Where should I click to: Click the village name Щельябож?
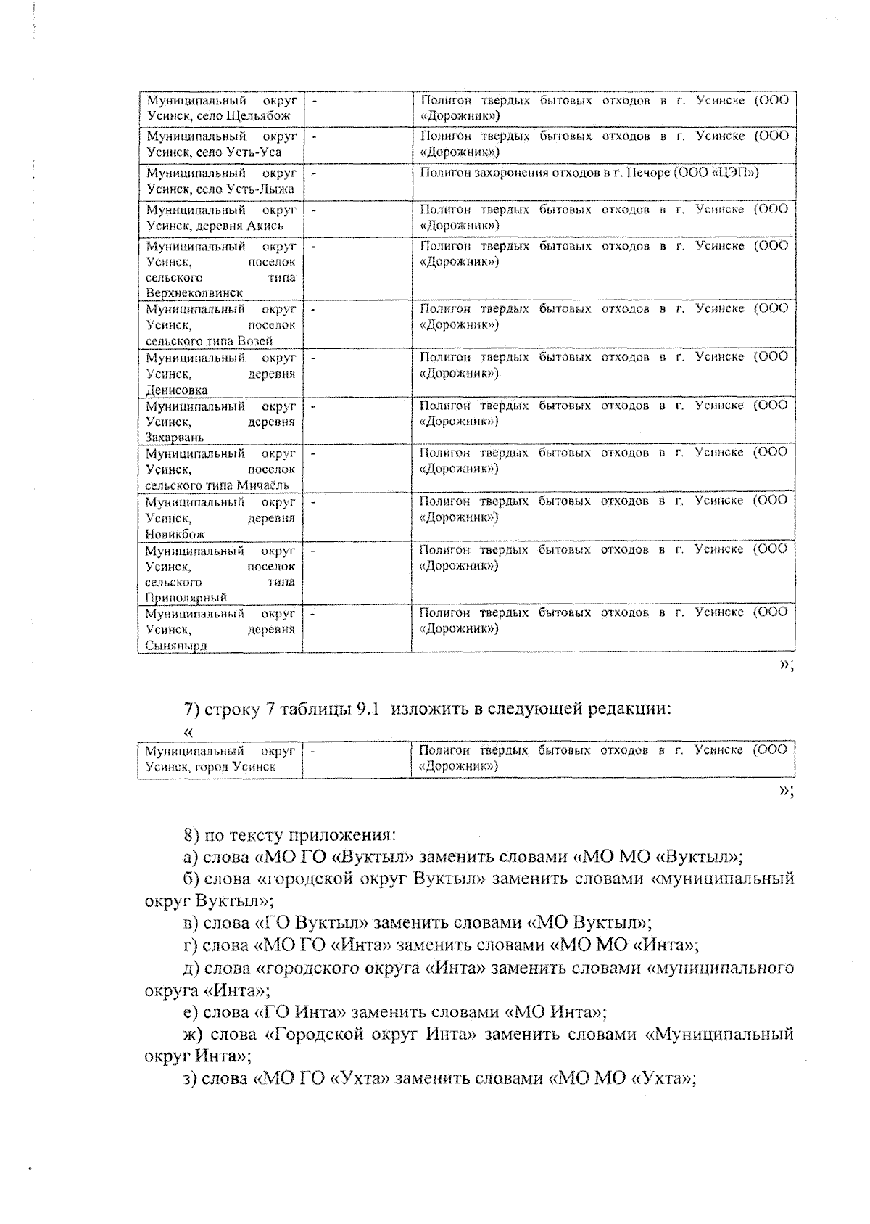[259, 116]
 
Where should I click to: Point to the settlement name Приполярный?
[186, 598]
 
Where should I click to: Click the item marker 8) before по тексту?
[192, 834]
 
